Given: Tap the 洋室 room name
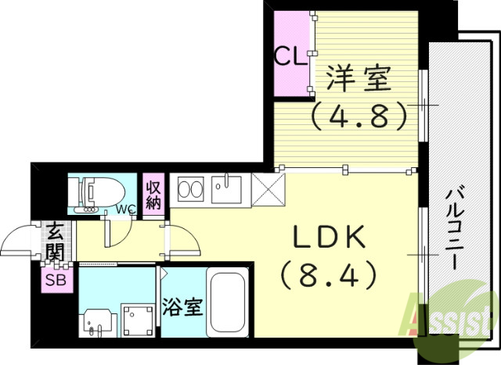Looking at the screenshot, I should (x=359, y=81).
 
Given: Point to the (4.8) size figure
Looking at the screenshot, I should (x=359, y=116).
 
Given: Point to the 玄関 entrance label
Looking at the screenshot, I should (x=54, y=242).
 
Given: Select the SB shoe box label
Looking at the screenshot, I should (x=54, y=280).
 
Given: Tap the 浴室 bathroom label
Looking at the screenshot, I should (x=183, y=307).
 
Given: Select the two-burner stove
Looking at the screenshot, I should (x=191, y=189).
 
